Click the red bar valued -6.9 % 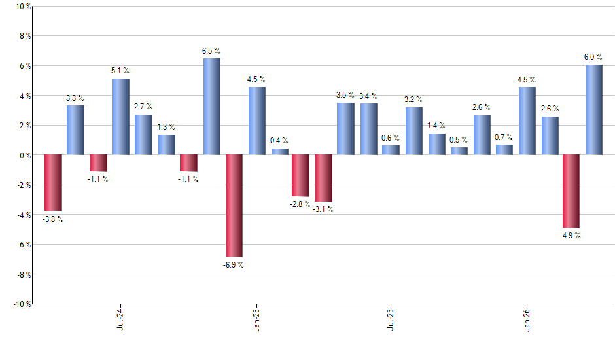click(x=234, y=206)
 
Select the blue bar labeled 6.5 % click(x=211, y=107)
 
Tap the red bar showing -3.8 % click(x=53, y=183)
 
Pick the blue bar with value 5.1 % click(x=120, y=117)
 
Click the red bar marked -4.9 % click(x=571, y=191)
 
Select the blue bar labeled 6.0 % click(x=593, y=110)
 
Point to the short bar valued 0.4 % click(x=280, y=152)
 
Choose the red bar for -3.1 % click(x=323, y=178)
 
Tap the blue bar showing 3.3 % click(x=75, y=130)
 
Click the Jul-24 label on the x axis click(x=120, y=319)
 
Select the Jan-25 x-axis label click(x=256, y=319)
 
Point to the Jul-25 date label click(x=391, y=319)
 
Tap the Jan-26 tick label click(x=527, y=319)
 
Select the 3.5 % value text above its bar click(x=345, y=95)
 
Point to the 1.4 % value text click(x=436, y=126)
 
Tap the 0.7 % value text click(x=504, y=137)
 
